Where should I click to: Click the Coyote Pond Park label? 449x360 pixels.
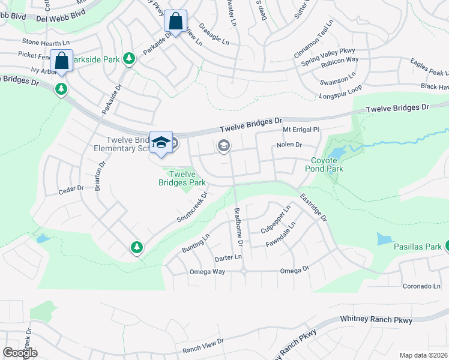(x=327, y=164)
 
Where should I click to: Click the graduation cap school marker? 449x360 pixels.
(x=161, y=142)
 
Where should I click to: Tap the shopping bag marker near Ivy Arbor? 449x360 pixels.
(x=61, y=61)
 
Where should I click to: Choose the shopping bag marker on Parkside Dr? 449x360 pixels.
(x=175, y=21)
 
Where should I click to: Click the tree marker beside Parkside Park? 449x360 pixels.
(x=128, y=58)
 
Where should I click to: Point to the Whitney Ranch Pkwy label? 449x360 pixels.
(x=376, y=320)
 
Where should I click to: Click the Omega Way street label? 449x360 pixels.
(x=206, y=272)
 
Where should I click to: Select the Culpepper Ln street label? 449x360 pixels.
(x=276, y=220)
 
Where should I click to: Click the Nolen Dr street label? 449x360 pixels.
(x=289, y=145)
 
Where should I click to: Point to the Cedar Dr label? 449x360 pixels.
(x=70, y=190)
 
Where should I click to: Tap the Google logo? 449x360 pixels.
(x=20, y=353)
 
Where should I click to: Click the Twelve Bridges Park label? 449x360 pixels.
(x=182, y=178)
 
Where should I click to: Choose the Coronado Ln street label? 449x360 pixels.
(x=421, y=286)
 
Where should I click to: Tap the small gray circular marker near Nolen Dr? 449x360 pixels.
(x=224, y=145)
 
